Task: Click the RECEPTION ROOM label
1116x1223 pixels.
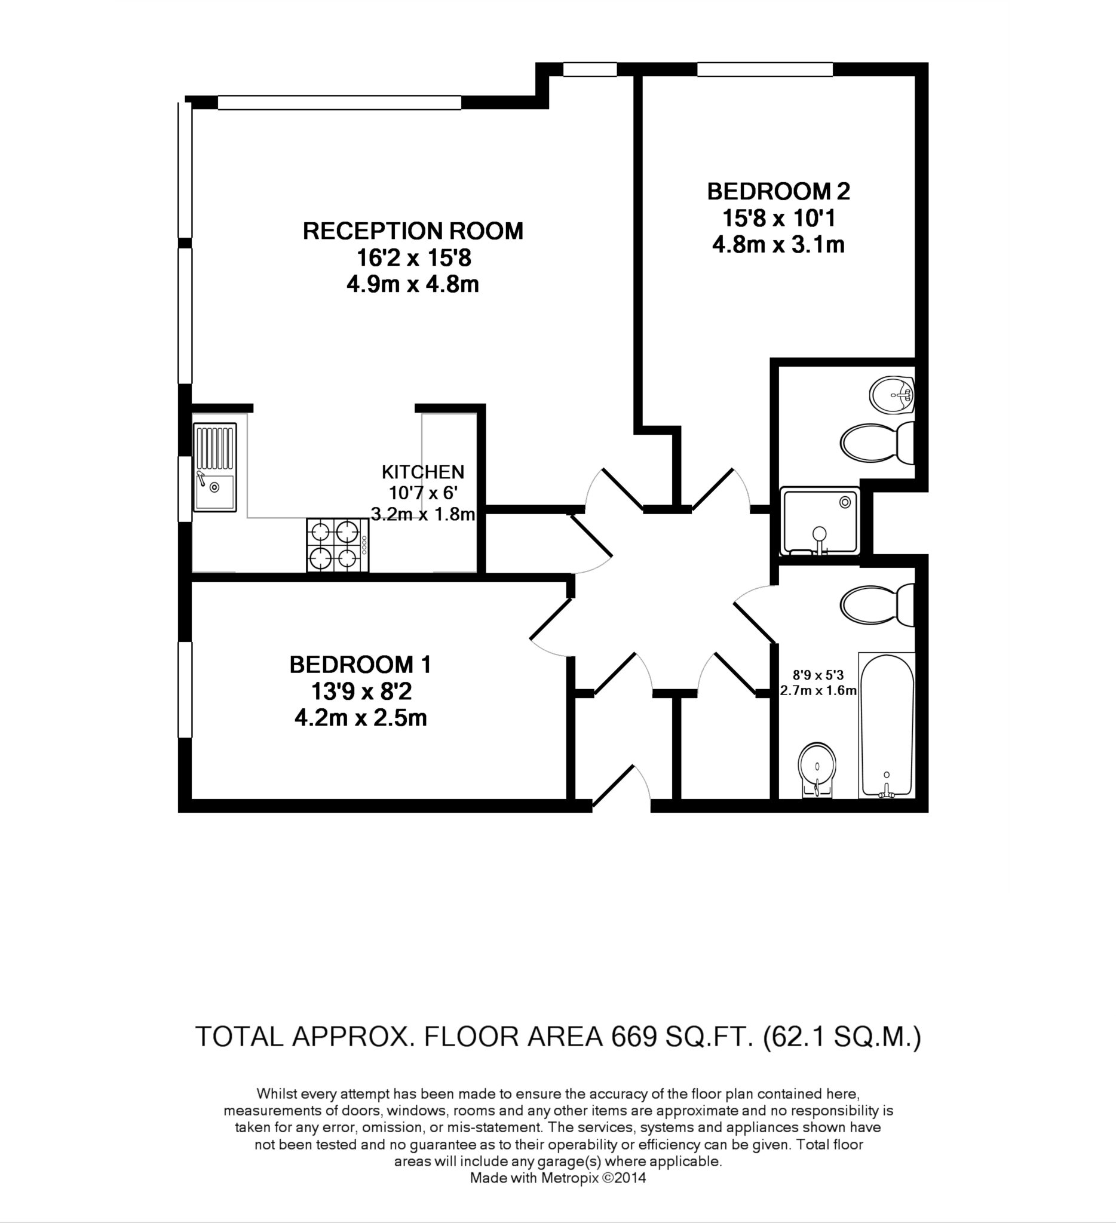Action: click(413, 231)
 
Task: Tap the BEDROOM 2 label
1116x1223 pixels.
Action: click(778, 192)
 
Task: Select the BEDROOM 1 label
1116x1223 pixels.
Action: click(360, 665)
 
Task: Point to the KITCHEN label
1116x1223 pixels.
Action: click(423, 472)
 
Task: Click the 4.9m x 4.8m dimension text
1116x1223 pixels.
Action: click(413, 284)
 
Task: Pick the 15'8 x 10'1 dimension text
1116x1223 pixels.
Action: click(778, 218)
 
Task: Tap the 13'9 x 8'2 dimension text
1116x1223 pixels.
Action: click(360, 692)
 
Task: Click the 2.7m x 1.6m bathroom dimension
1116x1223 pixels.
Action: click(818, 690)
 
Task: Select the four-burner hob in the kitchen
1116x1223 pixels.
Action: click(338, 545)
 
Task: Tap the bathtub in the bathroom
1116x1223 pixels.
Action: click(887, 726)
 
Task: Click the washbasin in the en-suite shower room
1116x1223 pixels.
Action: click(891, 395)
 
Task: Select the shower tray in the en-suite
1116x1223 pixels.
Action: click(820, 521)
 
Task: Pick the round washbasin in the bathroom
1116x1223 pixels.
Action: click(817, 769)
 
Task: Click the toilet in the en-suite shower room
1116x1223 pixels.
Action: click(878, 444)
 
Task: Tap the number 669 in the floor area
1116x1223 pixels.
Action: click(634, 1037)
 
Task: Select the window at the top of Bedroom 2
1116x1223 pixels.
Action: click(765, 69)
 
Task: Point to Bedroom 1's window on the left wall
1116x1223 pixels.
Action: click(185, 690)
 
